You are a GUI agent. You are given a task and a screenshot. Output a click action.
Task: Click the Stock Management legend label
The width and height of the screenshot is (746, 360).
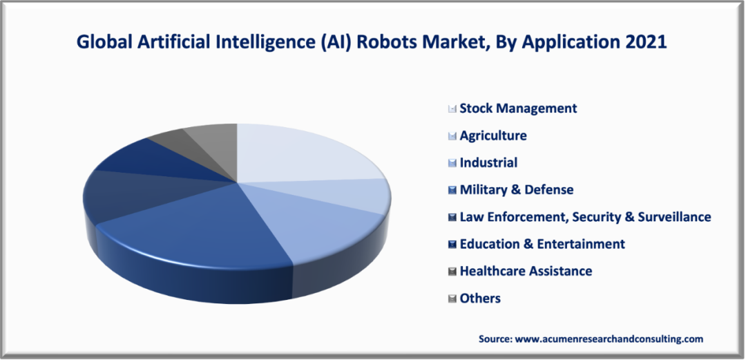coord(518,108)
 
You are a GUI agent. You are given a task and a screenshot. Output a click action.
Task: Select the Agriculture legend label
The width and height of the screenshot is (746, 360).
coord(493,135)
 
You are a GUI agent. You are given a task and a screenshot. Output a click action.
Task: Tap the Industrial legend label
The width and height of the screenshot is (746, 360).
coord(488,163)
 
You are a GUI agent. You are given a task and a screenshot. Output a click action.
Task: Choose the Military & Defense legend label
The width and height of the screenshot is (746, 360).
coord(517,190)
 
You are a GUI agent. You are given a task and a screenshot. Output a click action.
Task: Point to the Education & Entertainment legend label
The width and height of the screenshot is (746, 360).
coord(542,244)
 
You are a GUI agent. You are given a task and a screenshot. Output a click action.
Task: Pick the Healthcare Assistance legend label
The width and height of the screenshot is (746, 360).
coord(526,272)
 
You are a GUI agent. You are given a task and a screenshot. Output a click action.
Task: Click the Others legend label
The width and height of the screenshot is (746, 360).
coord(480,299)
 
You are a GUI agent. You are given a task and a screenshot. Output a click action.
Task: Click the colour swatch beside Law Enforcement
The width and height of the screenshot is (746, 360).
coord(452,218)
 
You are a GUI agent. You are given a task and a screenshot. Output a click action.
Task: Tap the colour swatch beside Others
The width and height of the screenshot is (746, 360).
coord(452,299)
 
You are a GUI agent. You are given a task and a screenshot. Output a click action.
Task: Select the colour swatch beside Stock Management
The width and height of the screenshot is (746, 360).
coord(452,109)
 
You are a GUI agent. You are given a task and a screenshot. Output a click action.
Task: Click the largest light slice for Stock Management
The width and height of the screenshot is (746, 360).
coord(304,152)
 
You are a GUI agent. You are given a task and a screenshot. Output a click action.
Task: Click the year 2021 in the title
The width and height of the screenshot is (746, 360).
coord(647,42)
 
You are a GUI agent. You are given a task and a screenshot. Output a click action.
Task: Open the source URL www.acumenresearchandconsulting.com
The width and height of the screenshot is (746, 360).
coord(609,339)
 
